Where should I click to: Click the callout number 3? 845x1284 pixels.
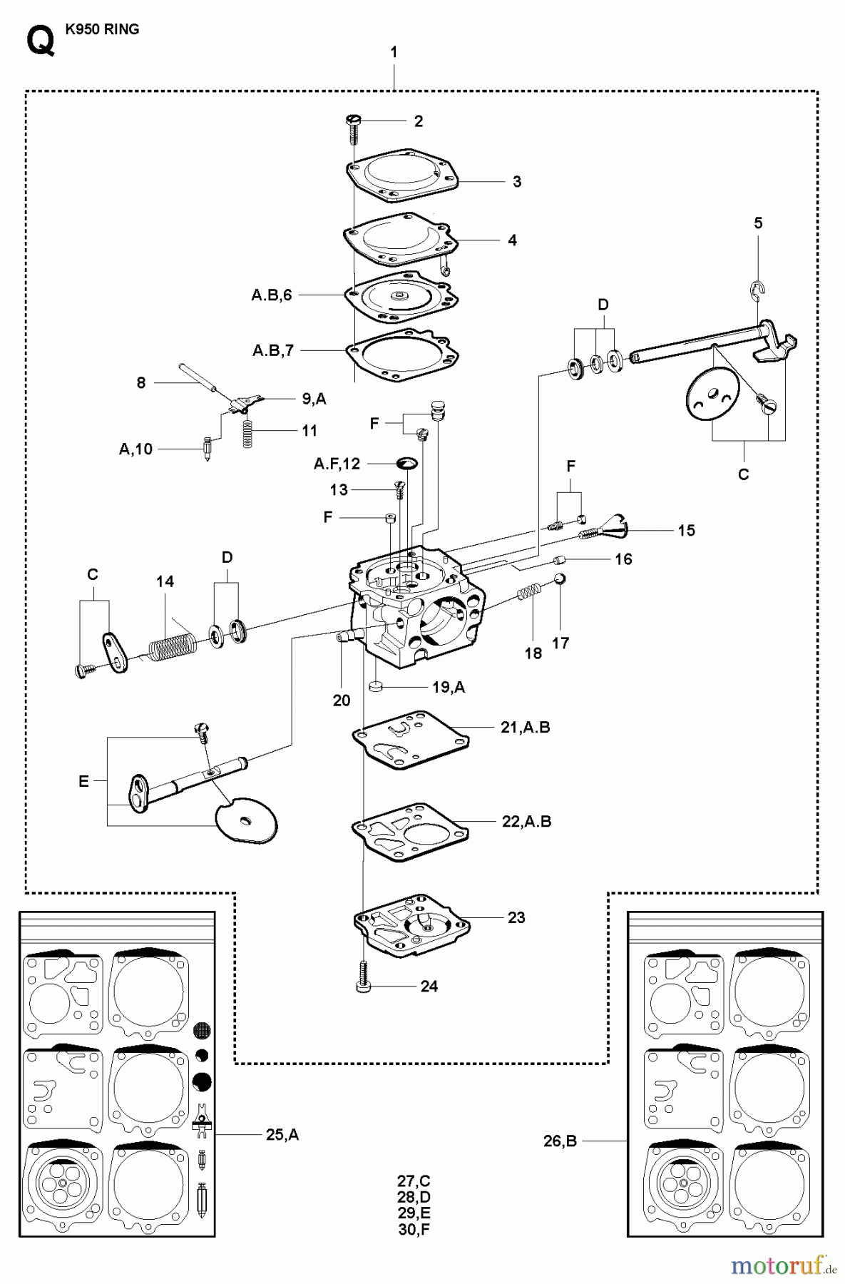(x=517, y=182)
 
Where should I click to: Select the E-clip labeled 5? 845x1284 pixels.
(x=756, y=288)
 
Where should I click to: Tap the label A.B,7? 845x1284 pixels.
(x=273, y=351)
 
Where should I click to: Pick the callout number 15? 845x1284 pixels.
(x=686, y=531)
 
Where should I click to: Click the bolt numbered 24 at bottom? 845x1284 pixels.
(x=363, y=975)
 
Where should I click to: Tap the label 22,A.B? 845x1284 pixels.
(x=526, y=822)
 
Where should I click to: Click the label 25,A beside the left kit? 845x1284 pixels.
(x=282, y=1134)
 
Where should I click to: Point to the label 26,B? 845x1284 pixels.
(x=560, y=1141)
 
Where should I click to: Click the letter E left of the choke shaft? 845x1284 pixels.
(x=84, y=782)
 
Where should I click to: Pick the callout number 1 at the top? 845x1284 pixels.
(x=394, y=52)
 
